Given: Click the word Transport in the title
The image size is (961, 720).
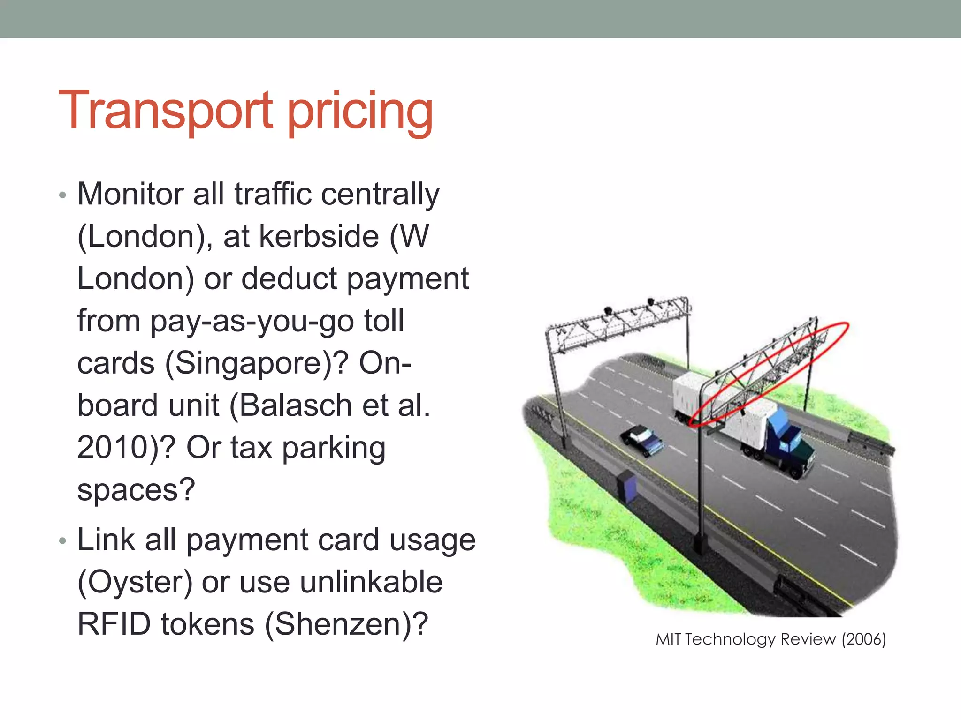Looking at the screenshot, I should [x=165, y=111].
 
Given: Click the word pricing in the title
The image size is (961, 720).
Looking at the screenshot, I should [x=360, y=112].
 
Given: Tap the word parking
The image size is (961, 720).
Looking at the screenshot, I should [x=334, y=449].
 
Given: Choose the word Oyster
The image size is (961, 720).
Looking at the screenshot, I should [x=135, y=582].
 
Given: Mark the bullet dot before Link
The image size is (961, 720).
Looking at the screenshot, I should [x=63, y=541].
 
